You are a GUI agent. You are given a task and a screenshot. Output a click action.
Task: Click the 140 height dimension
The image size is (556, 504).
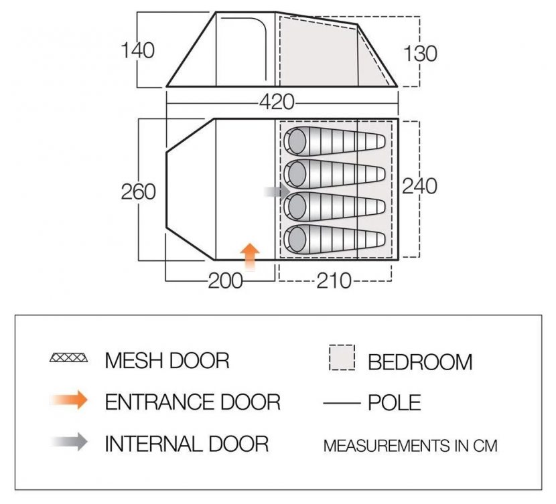138,50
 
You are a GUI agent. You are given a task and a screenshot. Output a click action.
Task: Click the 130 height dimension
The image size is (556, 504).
420,54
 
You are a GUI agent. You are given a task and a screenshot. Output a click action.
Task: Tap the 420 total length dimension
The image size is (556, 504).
277,102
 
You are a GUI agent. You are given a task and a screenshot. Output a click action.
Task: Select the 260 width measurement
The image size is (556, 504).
138,192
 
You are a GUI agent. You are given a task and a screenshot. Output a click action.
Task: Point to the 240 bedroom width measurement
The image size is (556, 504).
419,186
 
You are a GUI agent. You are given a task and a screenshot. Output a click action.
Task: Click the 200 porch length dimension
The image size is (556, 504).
226,282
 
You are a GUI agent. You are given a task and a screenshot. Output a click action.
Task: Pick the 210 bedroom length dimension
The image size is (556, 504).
334,281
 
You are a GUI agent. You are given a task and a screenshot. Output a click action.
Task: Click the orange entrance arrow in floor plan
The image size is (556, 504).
250,256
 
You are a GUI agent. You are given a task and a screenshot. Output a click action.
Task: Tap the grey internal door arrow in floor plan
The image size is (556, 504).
277,191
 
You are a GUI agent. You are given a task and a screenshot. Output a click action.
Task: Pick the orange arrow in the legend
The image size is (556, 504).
69,400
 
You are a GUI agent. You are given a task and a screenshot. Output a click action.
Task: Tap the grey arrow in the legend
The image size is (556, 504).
69,442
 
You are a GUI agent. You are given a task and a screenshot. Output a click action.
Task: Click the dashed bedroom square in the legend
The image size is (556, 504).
342,357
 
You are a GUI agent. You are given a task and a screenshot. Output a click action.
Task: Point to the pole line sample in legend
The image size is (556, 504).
342,403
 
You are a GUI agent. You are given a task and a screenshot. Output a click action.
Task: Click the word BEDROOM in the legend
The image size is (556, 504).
420,362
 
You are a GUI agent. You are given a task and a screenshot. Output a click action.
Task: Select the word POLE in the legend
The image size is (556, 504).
395,402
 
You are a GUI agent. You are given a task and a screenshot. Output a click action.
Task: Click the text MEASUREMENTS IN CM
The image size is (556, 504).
410,446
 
